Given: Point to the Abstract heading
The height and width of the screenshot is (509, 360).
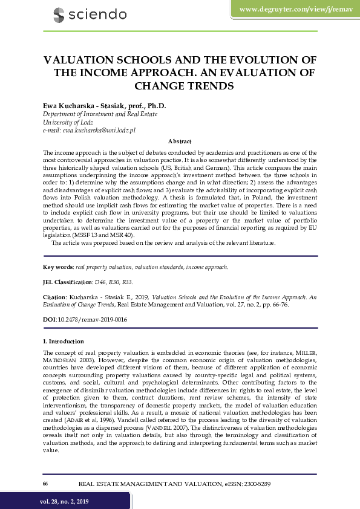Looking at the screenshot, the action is [180, 140].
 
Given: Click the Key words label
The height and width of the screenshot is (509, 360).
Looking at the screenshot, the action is [57, 266].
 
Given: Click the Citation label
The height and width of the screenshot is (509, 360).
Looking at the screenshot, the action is [56, 297].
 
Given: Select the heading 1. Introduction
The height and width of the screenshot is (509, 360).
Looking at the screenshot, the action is [67, 342].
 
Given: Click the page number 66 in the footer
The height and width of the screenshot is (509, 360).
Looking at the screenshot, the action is [45, 484].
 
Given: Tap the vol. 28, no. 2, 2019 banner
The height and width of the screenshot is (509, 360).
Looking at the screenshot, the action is [65, 501].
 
